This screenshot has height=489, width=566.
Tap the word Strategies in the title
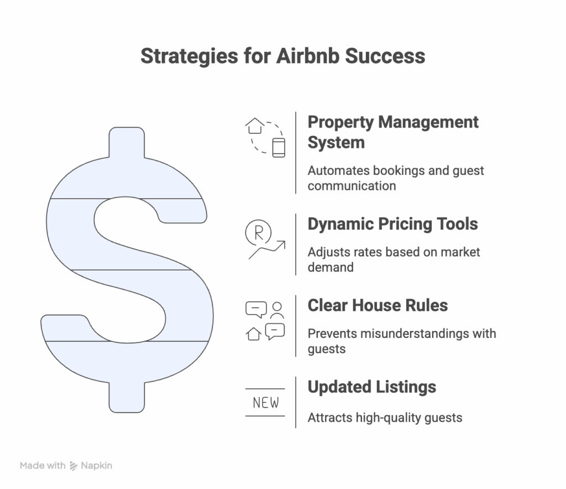(x=189, y=57)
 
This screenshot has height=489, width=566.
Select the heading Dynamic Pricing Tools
(x=393, y=224)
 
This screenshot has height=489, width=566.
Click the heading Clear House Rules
(x=378, y=305)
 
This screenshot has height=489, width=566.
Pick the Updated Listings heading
(x=372, y=387)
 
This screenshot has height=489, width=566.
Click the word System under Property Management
(x=336, y=142)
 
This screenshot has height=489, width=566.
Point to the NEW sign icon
(x=265, y=402)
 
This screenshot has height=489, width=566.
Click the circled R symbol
(x=258, y=233)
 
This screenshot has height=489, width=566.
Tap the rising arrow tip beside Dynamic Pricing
(x=285, y=241)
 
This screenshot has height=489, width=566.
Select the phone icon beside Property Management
(x=279, y=148)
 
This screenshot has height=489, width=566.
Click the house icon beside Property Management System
(x=255, y=126)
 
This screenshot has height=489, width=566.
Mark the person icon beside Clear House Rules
(x=277, y=310)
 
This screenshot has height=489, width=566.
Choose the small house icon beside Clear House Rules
(x=254, y=334)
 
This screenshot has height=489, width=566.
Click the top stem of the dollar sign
(x=127, y=142)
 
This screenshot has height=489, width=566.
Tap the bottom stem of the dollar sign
(x=127, y=397)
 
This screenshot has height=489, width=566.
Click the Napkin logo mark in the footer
(x=74, y=466)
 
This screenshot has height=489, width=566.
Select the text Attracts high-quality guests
(x=385, y=418)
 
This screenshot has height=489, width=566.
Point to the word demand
(x=331, y=267)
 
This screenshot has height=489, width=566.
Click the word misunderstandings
(x=388, y=334)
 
